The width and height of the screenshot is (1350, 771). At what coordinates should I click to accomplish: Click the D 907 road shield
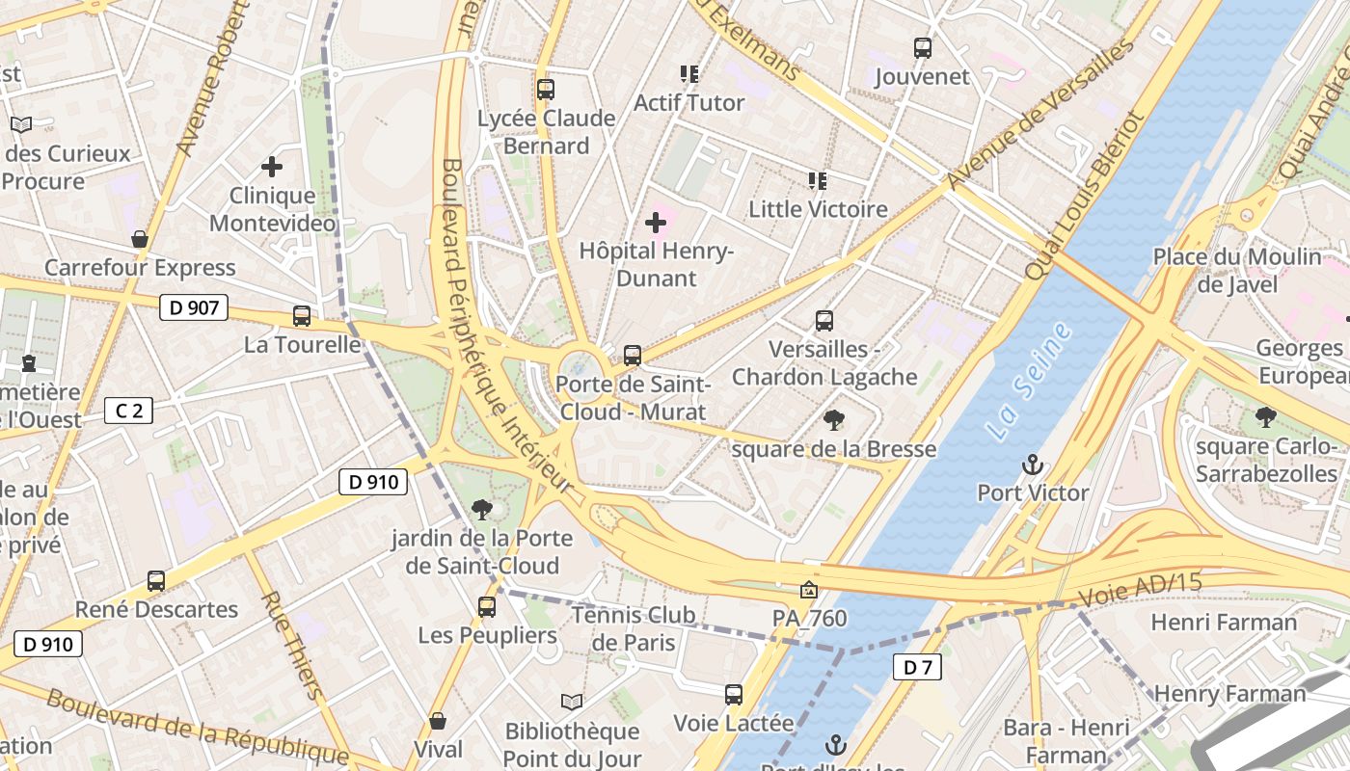[x=194, y=307]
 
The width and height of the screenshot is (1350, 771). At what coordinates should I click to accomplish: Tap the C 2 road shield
[x=128, y=412]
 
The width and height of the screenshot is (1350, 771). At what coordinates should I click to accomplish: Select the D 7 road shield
[x=916, y=666]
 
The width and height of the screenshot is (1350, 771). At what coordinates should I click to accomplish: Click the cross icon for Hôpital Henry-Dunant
[x=656, y=224]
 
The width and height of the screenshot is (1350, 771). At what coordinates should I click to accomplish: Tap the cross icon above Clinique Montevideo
[x=272, y=167]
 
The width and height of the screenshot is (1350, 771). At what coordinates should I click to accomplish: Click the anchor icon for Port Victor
[x=1033, y=465]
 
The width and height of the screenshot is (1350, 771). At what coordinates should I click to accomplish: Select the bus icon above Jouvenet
[x=923, y=48]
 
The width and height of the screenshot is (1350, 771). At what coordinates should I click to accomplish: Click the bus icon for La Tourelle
[x=302, y=316]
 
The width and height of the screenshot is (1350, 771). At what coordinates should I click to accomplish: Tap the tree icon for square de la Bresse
[x=833, y=420]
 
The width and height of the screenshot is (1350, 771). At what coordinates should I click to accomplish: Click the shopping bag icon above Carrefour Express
[x=140, y=239]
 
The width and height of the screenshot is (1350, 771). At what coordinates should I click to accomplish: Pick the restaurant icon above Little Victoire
[x=818, y=180]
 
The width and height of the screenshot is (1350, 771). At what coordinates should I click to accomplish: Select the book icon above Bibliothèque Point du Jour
[x=572, y=702]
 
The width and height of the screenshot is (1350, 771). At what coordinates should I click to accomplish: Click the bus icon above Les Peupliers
[x=487, y=607]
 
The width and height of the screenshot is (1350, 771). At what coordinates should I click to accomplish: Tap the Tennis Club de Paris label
[x=633, y=627]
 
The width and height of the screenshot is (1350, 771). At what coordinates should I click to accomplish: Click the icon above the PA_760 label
[x=809, y=589]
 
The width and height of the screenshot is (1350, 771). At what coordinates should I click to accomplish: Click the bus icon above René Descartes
[x=156, y=581]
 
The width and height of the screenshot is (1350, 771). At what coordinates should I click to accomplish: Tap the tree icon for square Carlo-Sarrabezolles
[x=1266, y=418]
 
